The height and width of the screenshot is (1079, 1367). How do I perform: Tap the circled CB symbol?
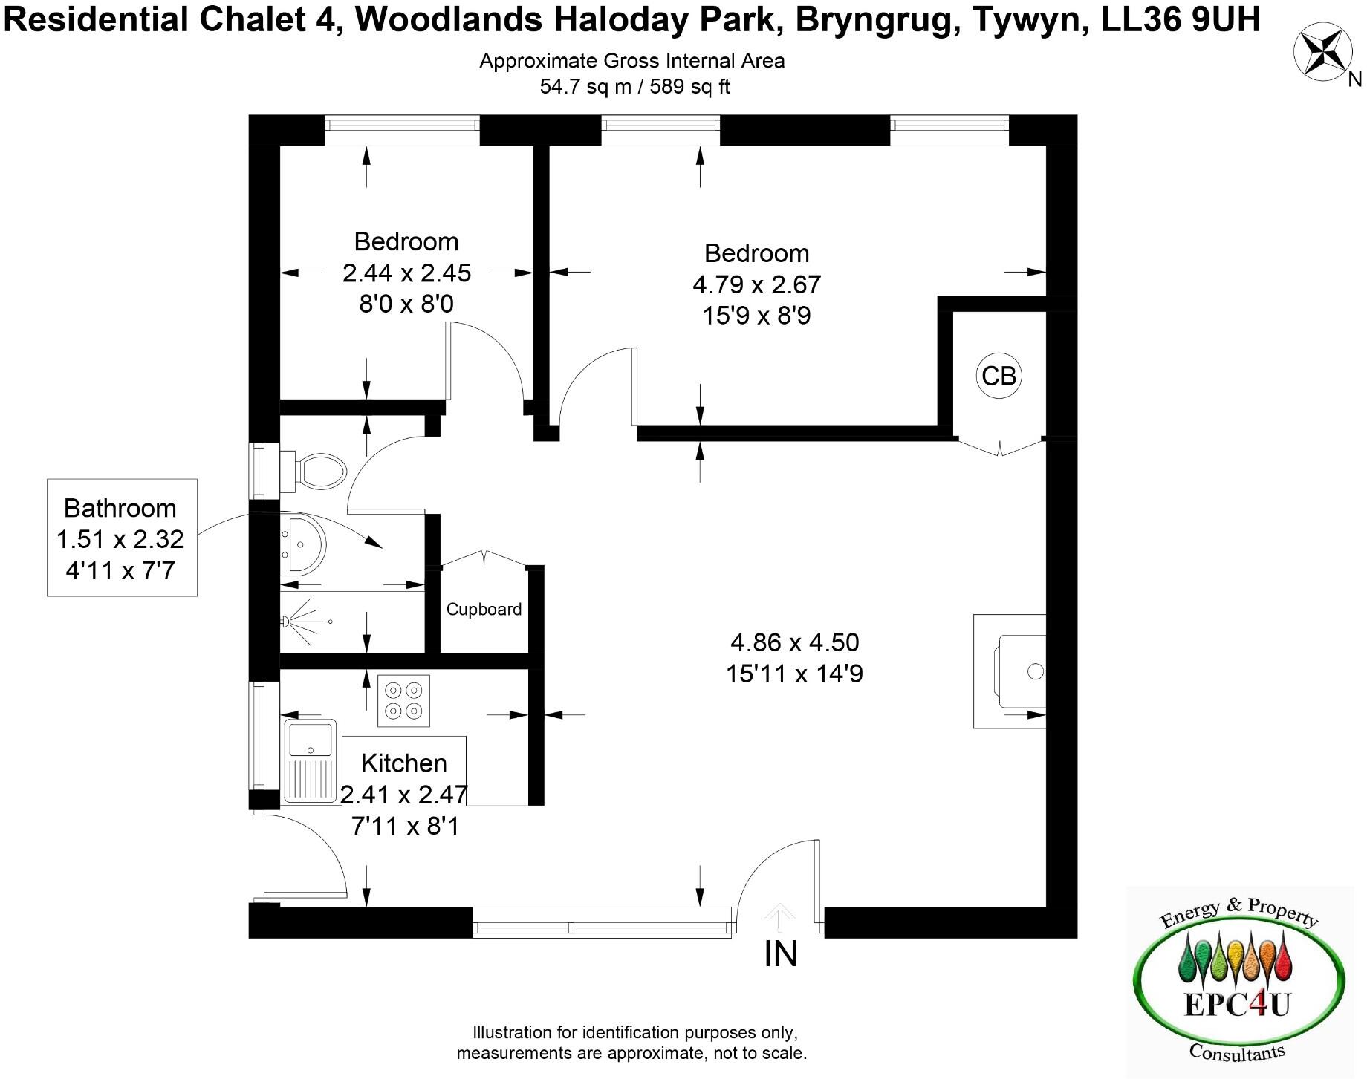pyautogui.click(x=998, y=376)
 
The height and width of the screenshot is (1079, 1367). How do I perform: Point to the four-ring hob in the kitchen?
pyautogui.click(x=403, y=700)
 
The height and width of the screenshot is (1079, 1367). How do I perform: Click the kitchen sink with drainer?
pyautogui.click(x=310, y=760)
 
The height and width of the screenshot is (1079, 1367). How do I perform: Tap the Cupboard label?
pyautogui.click(x=484, y=610)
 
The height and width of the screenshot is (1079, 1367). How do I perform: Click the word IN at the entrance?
pyautogui.click(x=780, y=954)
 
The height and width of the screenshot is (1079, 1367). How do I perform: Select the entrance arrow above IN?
pyautogui.click(x=779, y=918)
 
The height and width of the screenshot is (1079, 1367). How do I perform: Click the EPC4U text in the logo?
pyautogui.click(x=1236, y=1004)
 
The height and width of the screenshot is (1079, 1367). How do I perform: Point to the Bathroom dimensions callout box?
pyautogui.click(x=122, y=538)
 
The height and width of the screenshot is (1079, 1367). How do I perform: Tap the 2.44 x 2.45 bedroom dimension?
pyautogui.click(x=406, y=273)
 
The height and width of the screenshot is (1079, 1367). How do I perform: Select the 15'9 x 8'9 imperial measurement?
pyautogui.click(x=756, y=316)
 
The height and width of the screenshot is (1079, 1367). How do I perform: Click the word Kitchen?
pyautogui.click(x=403, y=763)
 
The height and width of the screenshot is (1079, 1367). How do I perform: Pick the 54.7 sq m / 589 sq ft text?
pyautogui.click(x=634, y=87)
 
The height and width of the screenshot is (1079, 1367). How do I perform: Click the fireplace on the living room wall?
pyautogui.click(x=1014, y=671)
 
